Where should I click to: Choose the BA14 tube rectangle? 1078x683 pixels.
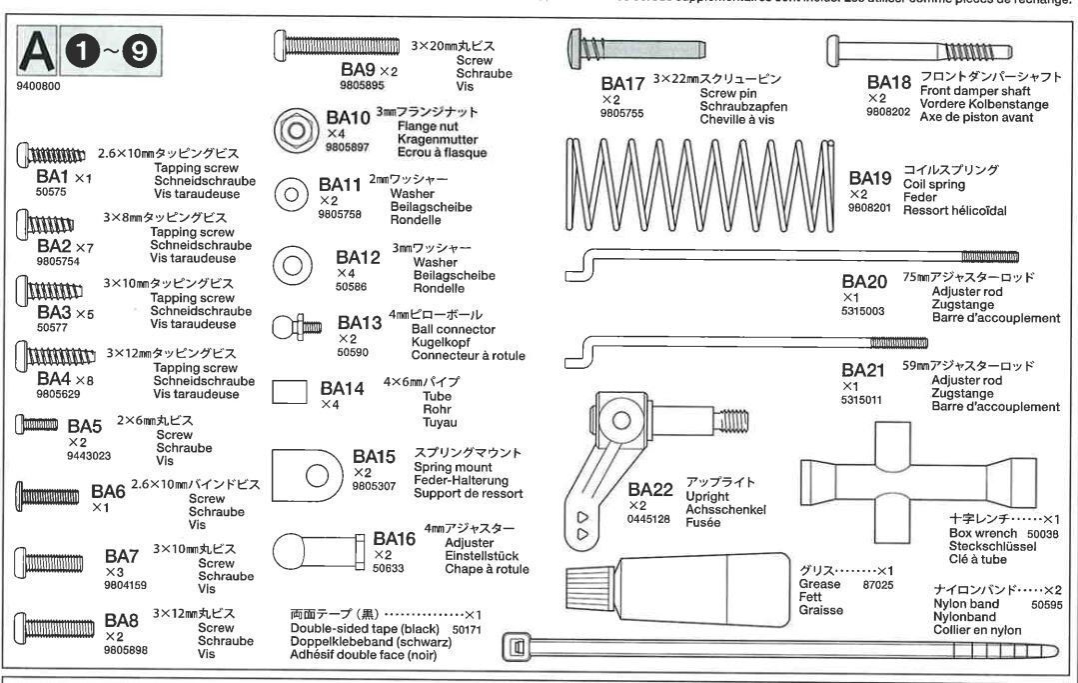coord(289,391)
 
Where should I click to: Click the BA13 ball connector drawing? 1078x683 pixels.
coord(296,327)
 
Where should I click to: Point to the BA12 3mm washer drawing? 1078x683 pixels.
coord(293,264)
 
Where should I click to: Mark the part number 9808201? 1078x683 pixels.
coord(865,207)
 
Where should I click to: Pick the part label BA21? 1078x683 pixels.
coord(863,370)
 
